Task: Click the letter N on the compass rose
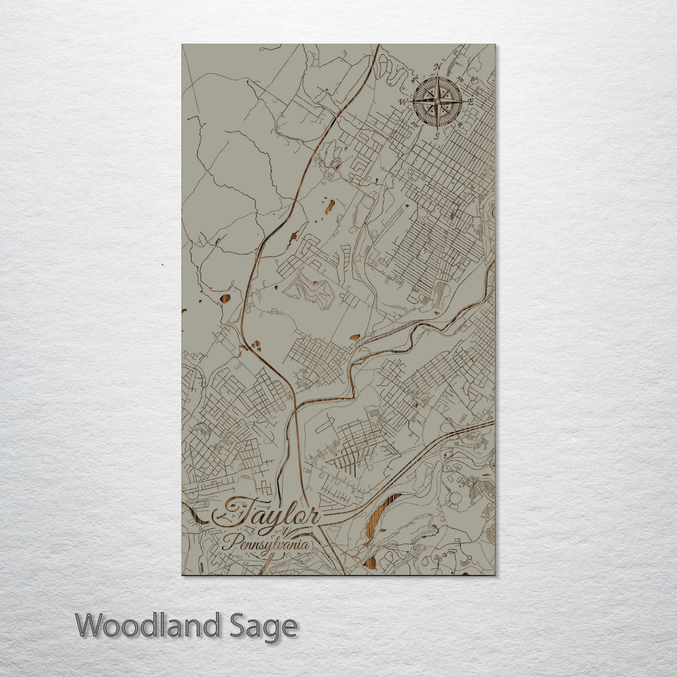(x=439, y=66)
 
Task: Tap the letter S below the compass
(x=437, y=134)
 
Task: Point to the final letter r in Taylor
(x=312, y=518)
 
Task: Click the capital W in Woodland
(x=90, y=626)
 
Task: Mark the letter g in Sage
(x=273, y=629)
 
